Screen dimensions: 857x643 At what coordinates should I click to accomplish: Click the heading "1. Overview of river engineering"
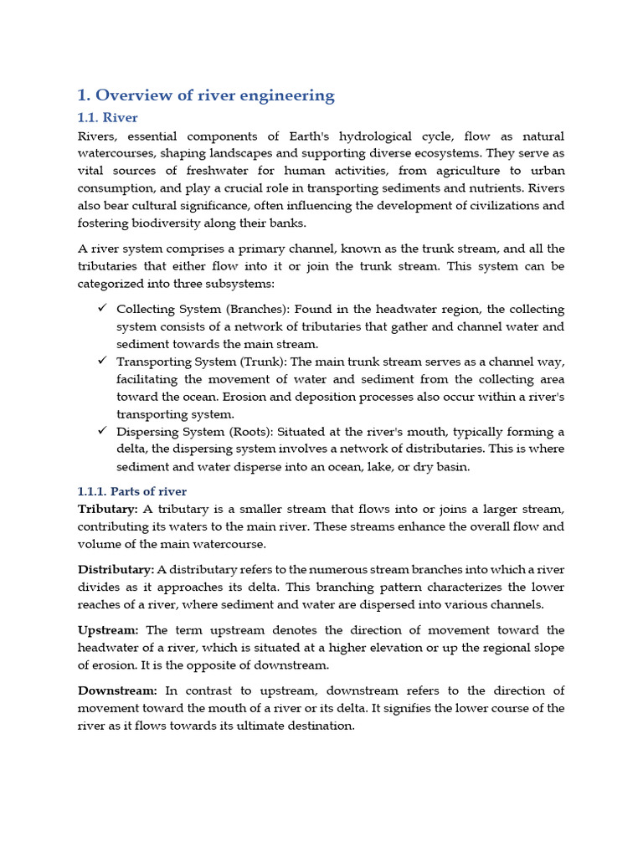click(x=206, y=95)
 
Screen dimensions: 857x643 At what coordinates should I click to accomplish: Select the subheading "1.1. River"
click(x=108, y=117)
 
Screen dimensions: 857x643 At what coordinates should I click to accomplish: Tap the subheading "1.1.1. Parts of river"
click(x=132, y=491)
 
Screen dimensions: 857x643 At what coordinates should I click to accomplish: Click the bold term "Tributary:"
click(x=107, y=509)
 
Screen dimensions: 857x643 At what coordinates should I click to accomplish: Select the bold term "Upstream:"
click(x=109, y=629)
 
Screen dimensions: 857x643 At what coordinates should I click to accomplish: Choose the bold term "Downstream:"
click(x=117, y=690)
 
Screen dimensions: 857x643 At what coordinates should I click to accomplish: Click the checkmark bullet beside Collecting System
click(x=101, y=309)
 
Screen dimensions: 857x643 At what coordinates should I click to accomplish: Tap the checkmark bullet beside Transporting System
click(x=101, y=361)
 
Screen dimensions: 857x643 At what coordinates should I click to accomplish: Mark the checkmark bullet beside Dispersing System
click(x=101, y=431)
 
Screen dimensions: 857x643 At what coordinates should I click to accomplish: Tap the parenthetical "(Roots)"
click(x=249, y=432)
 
